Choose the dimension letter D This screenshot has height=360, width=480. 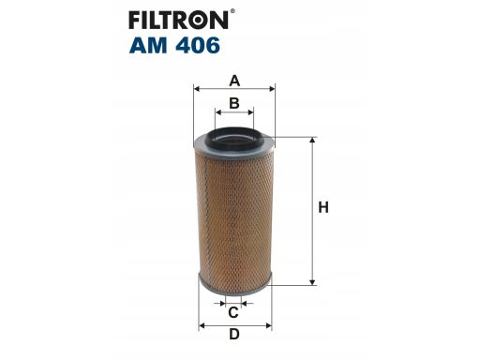click(x=234, y=335)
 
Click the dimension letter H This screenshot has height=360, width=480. click(x=322, y=208)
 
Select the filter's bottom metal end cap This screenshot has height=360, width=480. click(x=234, y=280)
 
